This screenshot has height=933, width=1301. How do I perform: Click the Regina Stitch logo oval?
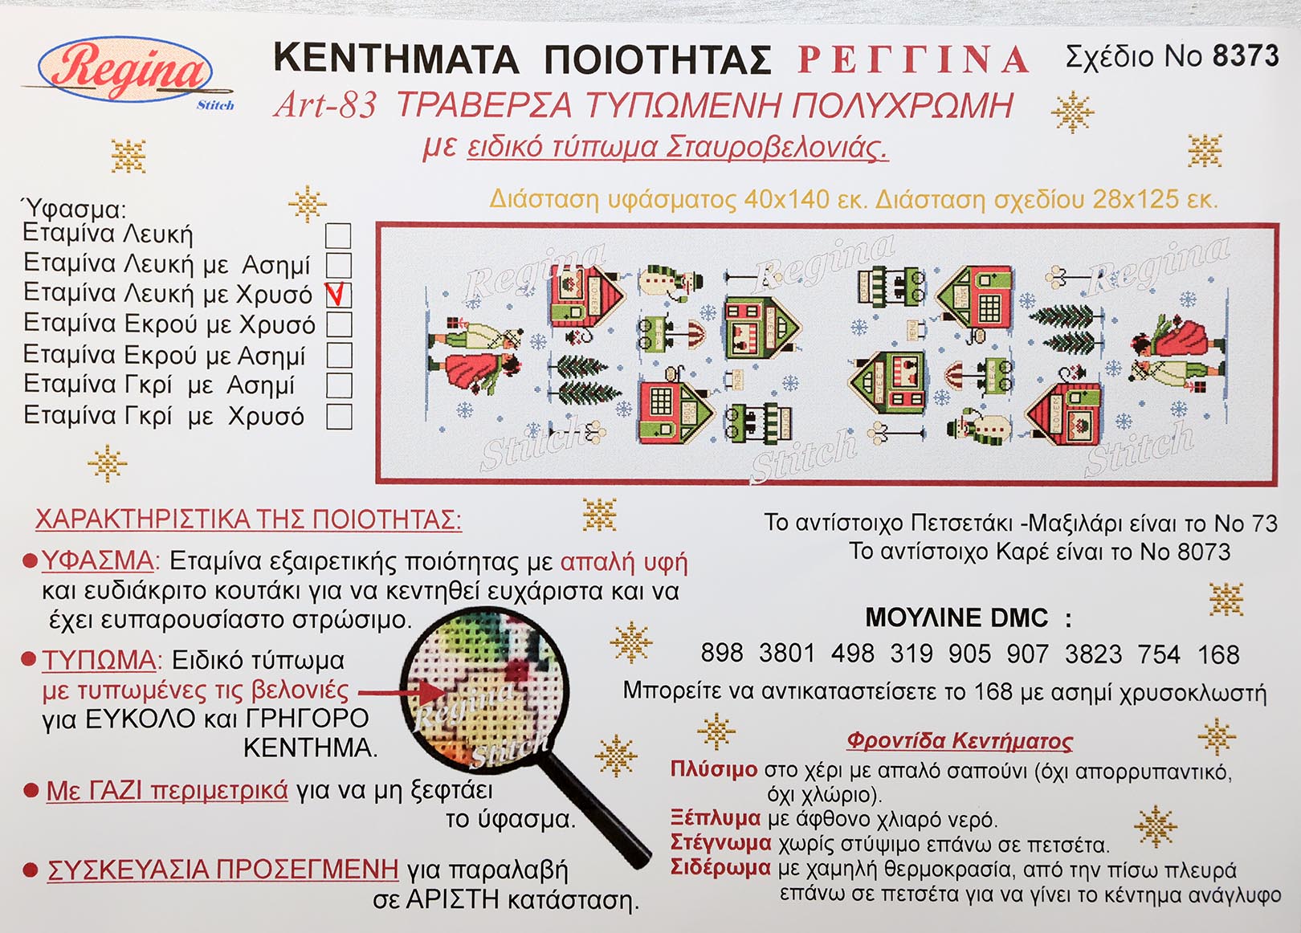(125, 71)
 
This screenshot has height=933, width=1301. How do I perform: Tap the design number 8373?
(1246, 56)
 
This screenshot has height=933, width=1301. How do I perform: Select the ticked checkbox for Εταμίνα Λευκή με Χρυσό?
(338, 295)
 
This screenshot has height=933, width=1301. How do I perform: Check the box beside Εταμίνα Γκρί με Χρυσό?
(339, 416)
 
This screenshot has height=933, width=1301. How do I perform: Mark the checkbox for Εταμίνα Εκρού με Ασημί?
(339, 356)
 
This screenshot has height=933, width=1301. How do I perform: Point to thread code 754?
(1159, 655)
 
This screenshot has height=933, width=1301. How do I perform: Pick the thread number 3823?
(1092, 654)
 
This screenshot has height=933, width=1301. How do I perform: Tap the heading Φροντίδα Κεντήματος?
(960, 741)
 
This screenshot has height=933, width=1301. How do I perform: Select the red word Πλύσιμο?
(714, 769)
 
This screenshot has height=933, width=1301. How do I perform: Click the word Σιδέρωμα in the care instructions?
(720, 868)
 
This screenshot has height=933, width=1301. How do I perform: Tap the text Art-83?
(325, 106)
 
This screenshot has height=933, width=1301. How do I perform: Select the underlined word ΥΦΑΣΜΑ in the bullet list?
(98, 561)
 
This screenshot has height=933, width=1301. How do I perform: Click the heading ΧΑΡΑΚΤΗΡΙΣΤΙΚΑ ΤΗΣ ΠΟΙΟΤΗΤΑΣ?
(249, 519)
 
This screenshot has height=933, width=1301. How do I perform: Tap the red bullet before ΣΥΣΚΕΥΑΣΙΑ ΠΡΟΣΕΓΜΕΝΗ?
(31, 870)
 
